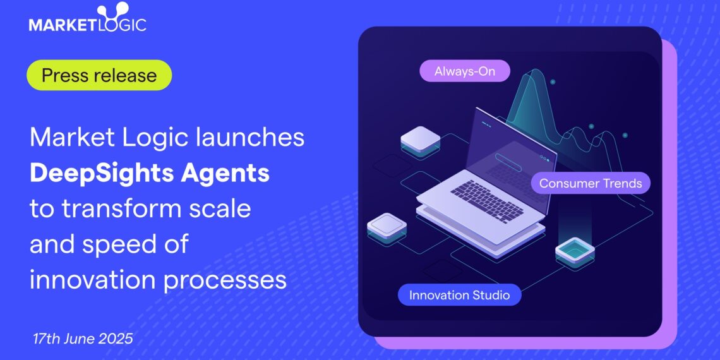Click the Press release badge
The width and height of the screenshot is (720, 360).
[99, 75]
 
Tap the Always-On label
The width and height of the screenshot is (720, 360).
[464, 71]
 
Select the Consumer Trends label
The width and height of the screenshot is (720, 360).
[591, 184]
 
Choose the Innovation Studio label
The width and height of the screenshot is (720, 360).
[459, 295]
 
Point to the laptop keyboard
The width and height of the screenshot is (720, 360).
[487, 200]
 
